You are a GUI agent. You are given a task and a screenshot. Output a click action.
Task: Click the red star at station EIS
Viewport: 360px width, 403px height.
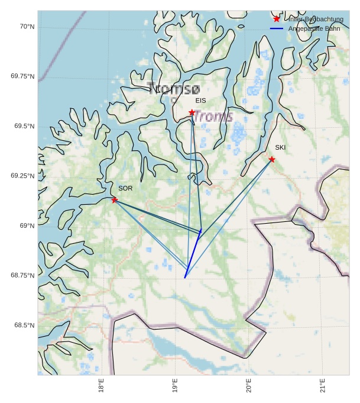point(192,112)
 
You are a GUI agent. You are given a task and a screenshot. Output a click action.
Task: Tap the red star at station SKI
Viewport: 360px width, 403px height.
point(271,159)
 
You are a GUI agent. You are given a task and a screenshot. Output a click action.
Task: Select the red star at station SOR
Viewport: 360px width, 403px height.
point(114,200)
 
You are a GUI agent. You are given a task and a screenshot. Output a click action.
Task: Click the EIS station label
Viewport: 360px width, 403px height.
point(201,101)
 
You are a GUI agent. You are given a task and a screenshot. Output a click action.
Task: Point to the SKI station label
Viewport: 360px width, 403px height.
point(280,147)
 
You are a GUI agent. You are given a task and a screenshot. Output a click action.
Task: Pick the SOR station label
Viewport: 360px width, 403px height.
point(125,188)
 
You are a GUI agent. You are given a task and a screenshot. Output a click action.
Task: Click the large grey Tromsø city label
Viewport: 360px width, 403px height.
point(174,89)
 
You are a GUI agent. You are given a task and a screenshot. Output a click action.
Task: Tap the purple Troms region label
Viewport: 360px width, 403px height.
point(213,117)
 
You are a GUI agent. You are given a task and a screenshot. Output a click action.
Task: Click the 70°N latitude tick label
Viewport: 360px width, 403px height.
point(27,27)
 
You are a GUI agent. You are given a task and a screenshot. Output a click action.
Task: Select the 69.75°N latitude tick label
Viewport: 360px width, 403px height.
point(22,76)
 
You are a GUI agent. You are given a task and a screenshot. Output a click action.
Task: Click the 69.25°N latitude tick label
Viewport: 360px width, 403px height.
point(22,176)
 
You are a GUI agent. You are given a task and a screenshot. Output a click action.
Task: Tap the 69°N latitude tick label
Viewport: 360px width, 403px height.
point(27,225)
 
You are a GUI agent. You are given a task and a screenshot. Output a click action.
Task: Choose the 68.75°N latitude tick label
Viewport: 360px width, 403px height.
point(22,275)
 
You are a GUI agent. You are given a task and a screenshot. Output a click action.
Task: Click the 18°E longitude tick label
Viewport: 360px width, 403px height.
point(102,387)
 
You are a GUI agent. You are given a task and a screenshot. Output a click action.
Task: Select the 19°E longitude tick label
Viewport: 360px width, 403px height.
point(175,387)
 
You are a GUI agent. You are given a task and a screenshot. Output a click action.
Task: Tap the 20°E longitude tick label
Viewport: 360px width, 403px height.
point(249,387)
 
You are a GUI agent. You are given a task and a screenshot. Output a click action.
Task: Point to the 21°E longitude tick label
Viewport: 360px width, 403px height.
point(323,387)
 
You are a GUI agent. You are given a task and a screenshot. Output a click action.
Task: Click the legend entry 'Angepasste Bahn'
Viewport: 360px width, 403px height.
point(314,28)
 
